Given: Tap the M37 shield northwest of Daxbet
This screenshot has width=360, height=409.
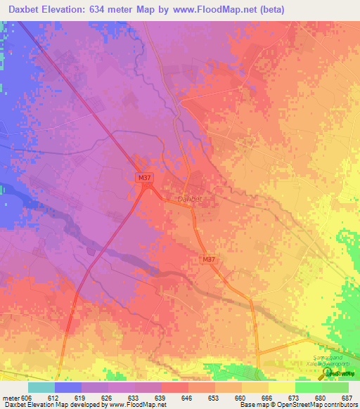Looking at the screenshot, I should [144, 178].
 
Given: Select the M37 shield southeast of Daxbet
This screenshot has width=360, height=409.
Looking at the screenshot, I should [208, 259].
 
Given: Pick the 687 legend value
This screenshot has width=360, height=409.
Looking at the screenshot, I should [348, 398].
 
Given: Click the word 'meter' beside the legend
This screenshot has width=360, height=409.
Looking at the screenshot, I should [11, 398].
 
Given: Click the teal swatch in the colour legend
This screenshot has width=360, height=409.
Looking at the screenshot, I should [41, 387].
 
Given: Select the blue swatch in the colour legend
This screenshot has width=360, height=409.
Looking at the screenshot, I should [68, 387].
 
